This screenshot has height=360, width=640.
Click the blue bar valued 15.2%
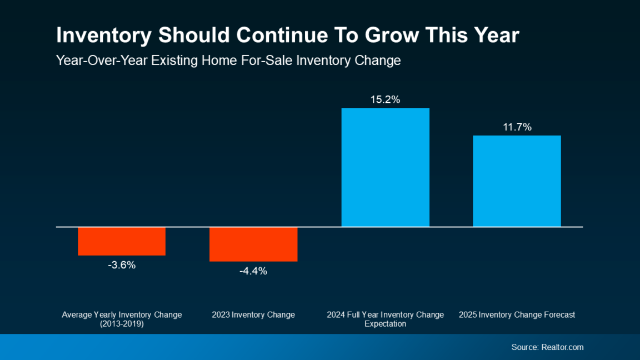point(385,167)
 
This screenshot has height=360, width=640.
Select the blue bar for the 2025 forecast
point(517,181)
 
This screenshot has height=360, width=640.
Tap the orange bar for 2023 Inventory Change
point(253,244)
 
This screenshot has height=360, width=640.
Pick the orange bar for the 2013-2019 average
point(122,241)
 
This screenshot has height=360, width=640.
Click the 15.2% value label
point(385,100)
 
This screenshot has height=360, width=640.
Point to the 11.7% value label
point(517,127)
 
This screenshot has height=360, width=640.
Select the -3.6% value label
point(122,266)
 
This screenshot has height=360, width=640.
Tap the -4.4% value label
point(253,271)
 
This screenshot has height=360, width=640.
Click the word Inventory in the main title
point(104,36)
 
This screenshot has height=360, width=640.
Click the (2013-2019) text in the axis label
point(122,324)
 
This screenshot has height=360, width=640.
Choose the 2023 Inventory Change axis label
point(253,315)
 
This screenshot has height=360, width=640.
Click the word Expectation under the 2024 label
point(385,324)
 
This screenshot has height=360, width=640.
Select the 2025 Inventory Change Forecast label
point(517,315)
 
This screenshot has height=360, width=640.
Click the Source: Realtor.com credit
point(547,347)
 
